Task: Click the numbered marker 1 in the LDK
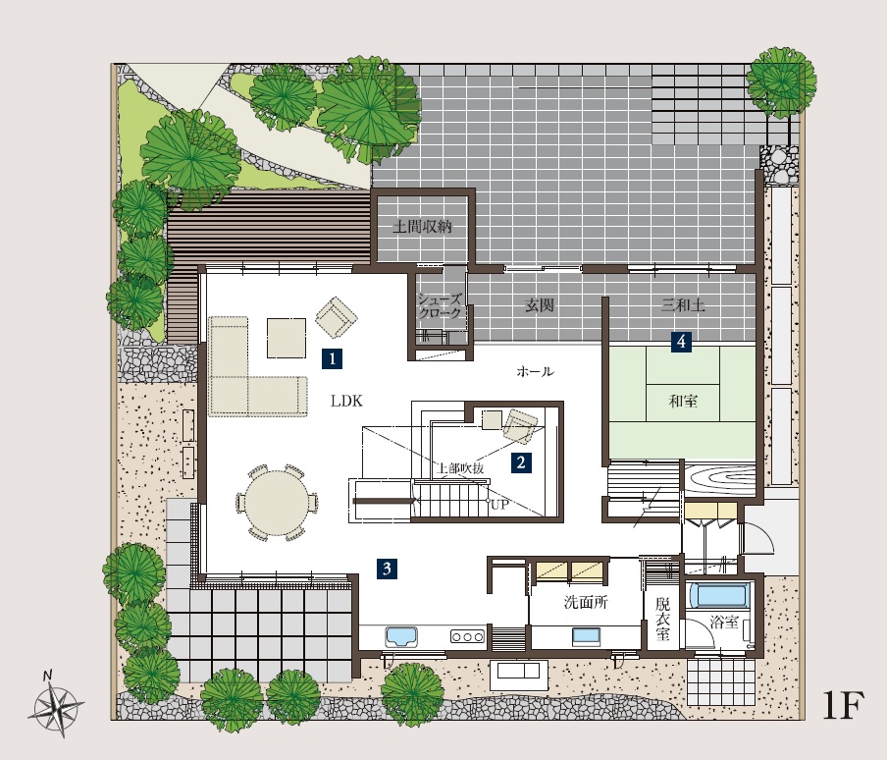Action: pos(332,358)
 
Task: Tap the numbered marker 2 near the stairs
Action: pos(521,462)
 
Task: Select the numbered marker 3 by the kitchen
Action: pos(387,569)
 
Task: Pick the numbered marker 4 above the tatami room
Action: pos(681,342)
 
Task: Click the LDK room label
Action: pos(346,402)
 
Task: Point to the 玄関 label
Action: pos(539,305)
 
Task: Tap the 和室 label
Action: pos(683,402)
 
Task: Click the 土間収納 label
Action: pos(423,227)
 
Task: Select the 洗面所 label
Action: pos(586,602)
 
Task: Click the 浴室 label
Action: pos(724,622)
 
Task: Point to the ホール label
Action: pos(535,372)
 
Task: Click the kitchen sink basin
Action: pos(401,636)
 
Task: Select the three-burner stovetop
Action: pos(467,636)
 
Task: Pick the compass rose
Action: pos(57,706)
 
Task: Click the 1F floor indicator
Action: pos(842,705)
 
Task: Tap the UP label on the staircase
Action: pos(499,505)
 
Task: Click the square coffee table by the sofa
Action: pos(287,338)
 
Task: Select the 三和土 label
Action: pos(683,305)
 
